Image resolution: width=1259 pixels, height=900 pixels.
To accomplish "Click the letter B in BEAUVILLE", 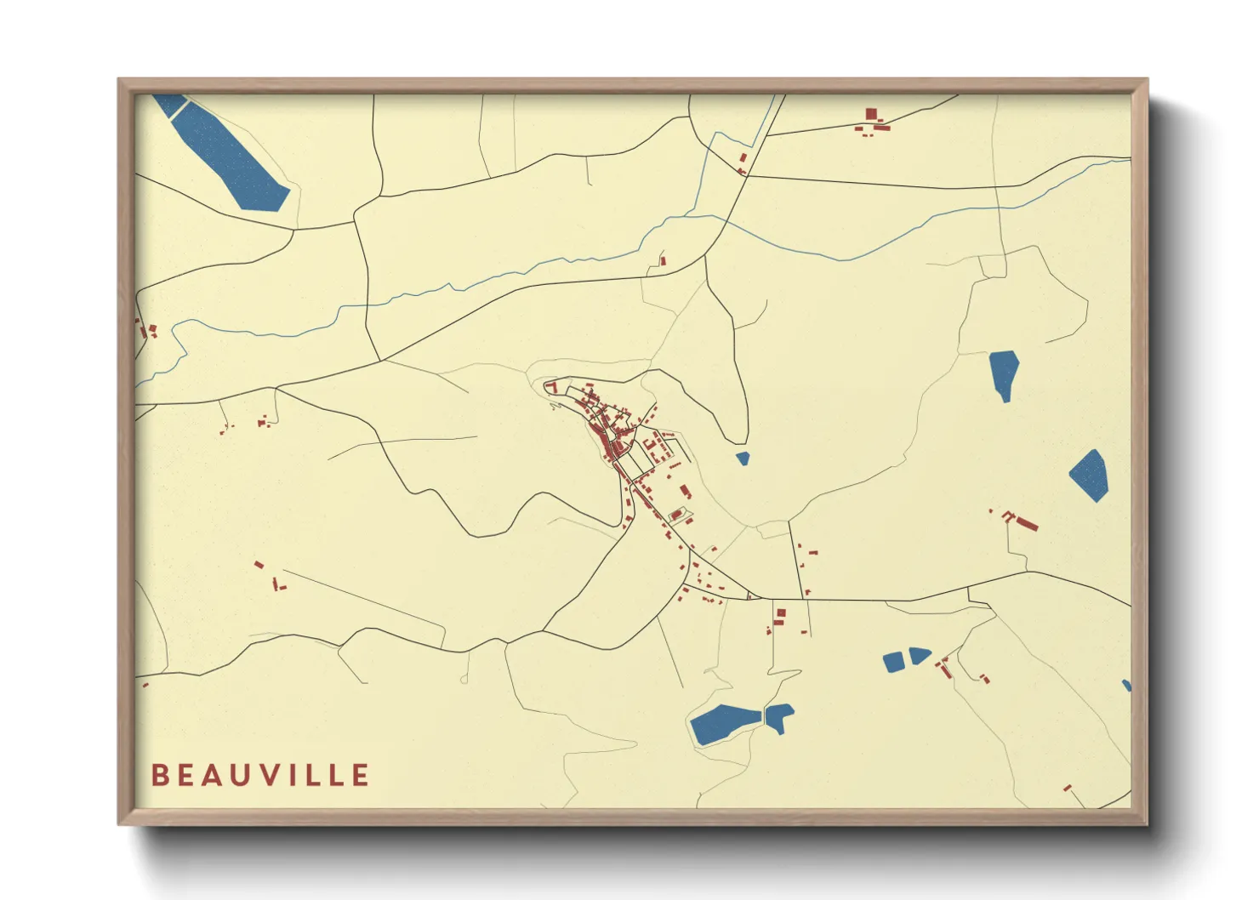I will [159, 775].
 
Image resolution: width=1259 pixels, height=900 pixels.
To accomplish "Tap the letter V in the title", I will [271, 775].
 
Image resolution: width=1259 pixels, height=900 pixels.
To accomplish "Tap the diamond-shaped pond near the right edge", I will [1089, 475].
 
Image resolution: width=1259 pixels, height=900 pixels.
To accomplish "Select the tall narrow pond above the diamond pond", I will [1004, 373].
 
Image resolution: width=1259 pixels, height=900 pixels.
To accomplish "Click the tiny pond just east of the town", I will [743, 459].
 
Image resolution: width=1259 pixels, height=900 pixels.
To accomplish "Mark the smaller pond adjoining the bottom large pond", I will [779, 716].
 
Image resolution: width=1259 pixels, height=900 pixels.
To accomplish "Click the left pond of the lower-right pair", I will [893, 661].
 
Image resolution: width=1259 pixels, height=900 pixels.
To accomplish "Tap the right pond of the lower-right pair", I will [920, 655].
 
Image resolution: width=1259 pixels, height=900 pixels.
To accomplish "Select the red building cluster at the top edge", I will [874, 121].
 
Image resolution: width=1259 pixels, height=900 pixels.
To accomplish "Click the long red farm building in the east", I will [1027, 523].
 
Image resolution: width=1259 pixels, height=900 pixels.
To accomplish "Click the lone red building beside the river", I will [663, 261].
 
